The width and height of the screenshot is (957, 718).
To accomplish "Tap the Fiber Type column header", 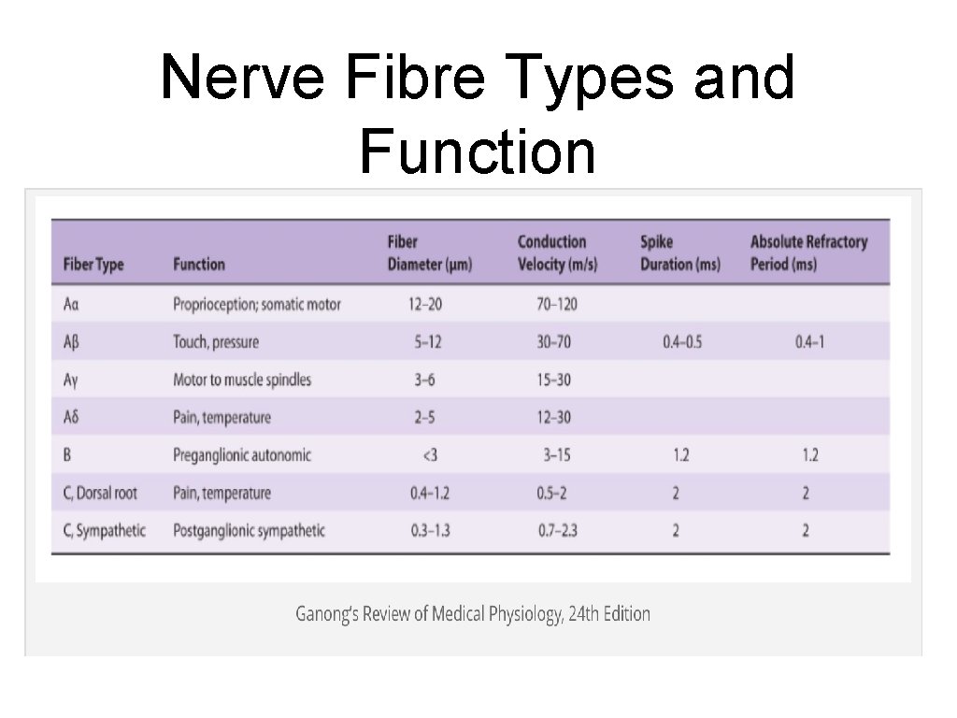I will click(93, 265).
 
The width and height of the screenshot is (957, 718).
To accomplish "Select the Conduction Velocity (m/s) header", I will click(552, 253).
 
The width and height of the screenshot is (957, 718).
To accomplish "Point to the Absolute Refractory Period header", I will click(808, 253).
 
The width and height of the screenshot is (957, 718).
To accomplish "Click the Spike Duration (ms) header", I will click(680, 253).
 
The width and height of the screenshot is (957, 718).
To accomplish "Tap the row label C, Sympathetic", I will click(105, 531).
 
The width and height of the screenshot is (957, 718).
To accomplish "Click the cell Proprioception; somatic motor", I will click(257, 304).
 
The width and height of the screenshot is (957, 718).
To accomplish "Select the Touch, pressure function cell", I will click(216, 342).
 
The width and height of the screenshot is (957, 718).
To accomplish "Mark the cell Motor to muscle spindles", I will click(242, 380).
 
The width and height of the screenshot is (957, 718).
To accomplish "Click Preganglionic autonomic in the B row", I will click(242, 455).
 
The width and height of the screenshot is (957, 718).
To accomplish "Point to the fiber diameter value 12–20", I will click(425, 304).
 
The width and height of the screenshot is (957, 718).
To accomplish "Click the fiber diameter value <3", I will click(430, 455).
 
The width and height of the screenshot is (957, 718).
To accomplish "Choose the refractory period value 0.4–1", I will click(809, 342).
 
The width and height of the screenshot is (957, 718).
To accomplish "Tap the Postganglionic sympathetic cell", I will click(250, 531).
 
